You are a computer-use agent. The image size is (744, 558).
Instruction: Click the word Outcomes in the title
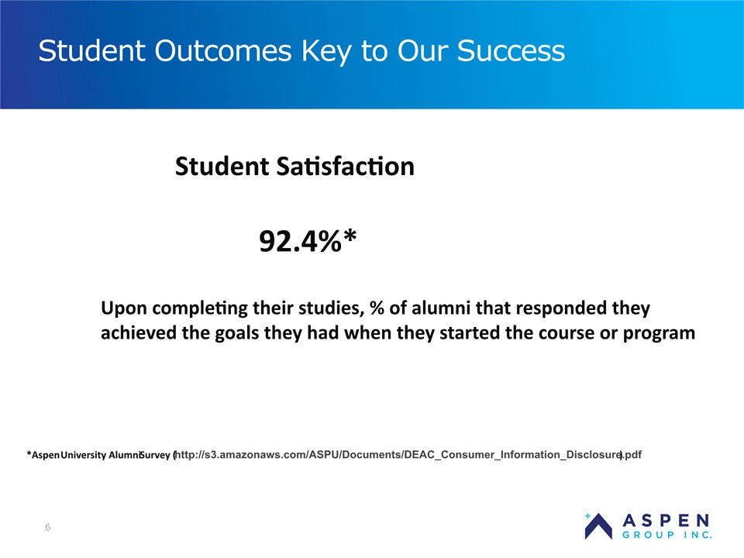pos(222,51)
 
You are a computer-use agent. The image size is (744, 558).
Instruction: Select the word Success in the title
pos(511,51)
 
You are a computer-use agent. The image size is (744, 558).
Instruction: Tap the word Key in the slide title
pos(326,53)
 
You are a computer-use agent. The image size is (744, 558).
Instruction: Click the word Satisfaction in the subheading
pos(345,167)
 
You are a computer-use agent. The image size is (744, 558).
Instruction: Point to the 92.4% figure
pos(301,241)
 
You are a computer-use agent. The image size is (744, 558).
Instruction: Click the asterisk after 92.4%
pos(350,236)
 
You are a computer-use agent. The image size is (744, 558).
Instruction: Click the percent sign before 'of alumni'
pos(377,308)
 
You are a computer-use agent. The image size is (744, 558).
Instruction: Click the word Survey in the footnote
pos(155,455)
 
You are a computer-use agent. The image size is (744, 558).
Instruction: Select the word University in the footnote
pos(84,455)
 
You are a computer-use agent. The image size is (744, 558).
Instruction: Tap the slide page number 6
pos(47,527)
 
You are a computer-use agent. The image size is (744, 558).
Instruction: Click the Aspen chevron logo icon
pos(598,527)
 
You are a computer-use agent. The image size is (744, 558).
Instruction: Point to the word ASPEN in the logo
pos(666,521)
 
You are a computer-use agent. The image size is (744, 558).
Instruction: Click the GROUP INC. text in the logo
pos(666,535)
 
